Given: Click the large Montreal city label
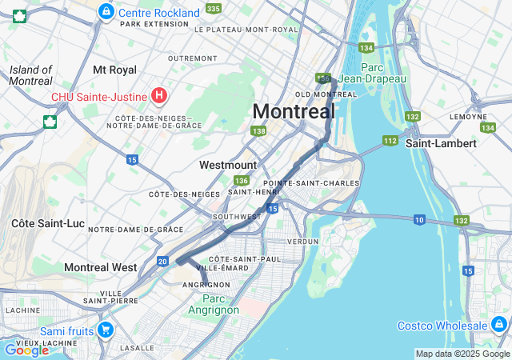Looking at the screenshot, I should [294, 111].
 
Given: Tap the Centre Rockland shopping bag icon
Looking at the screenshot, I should [106, 12].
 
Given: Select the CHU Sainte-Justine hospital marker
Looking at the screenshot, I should [159, 97].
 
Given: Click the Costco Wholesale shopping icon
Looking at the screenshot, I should [499, 325].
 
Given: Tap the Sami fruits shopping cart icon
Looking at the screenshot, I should [105, 330].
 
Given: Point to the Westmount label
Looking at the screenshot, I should [228, 165].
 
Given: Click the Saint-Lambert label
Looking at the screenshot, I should [441, 143].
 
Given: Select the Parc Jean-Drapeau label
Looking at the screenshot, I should [372, 73].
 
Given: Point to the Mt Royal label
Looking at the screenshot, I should [114, 70].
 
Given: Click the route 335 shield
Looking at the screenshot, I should [213, 8].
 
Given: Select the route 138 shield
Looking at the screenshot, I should [258, 131].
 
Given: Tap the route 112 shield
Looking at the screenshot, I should [390, 141].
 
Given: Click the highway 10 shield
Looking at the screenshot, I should [419, 219].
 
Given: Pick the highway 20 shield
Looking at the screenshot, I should [162, 261].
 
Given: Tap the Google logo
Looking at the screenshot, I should [26, 350].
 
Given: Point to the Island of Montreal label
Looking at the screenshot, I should [31, 75].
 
